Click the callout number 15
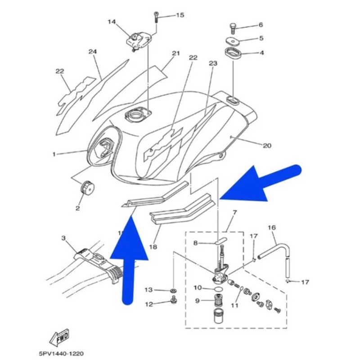(x=180, y=15)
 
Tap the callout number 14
(x=112, y=22)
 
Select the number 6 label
(x=260, y=25)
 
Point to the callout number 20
(x=267, y=145)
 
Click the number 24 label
(x=93, y=52)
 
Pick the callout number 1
(x=54, y=154)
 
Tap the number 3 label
(x=63, y=238)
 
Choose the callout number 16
(x=272, y=228)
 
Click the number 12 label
(x=149, y=304)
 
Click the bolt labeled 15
(x=156, y=16)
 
